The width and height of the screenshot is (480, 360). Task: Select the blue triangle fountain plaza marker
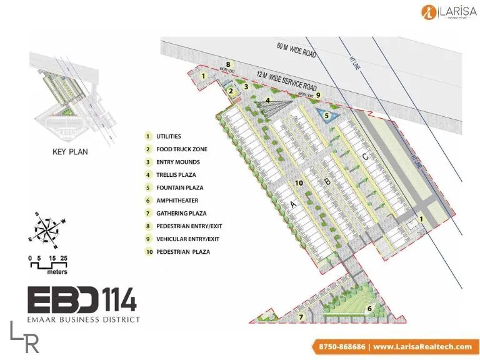pyautogui.click(x=326, y=115)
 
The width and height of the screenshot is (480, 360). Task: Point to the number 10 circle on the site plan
pyautogui.click(x=299, y=182)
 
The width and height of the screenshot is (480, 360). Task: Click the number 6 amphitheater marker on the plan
pyautogui.click(x=369, y=308)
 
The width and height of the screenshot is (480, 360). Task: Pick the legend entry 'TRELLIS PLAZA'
pyautogui.click(x=179, y=174)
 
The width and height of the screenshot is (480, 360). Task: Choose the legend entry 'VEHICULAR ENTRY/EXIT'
pyautogui.click(x=188, y=239)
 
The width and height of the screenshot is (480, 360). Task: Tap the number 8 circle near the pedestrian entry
pyautogui.click(x=229, y=64)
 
